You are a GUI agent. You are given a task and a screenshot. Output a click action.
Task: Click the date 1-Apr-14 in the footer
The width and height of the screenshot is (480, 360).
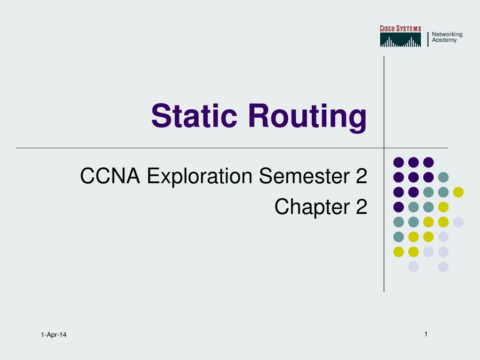pyautogui.click(x=53, y=334)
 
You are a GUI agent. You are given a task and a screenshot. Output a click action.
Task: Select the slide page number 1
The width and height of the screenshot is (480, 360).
pyautogui.click(x=426, y=334)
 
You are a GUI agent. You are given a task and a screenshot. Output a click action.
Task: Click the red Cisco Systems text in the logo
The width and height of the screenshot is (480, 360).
pyautogui.click(x=400, y=29)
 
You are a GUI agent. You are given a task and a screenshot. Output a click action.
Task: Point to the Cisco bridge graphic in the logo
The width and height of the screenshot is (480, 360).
pyautogui.click(x=400, y=40)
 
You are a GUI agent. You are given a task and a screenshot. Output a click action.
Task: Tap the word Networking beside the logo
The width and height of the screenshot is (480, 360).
pyautogui.click(x=447, y=34)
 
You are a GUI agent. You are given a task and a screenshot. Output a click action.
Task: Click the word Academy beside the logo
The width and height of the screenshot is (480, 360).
pyautogui.click(x=444, y=40)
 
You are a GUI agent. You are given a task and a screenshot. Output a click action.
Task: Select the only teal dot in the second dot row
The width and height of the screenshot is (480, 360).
pyautogui.click(x=443, y=177)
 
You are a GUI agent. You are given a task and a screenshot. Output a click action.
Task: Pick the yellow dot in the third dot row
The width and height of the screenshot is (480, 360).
pyautogui.click(x=458, y=192)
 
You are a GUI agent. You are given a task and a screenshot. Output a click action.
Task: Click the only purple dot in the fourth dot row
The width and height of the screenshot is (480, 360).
pyautogui.click(x=398, y=207)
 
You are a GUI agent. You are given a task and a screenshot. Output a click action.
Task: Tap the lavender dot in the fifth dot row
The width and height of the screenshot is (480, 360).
pyautogui.click(x=458, y=222)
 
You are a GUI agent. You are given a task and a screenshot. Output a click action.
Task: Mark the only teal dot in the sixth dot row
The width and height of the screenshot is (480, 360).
pyautogui.click(x=398, y=237)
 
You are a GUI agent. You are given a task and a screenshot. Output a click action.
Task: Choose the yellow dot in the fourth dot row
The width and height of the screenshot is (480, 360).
pyautogui.click(x=443, y=207)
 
